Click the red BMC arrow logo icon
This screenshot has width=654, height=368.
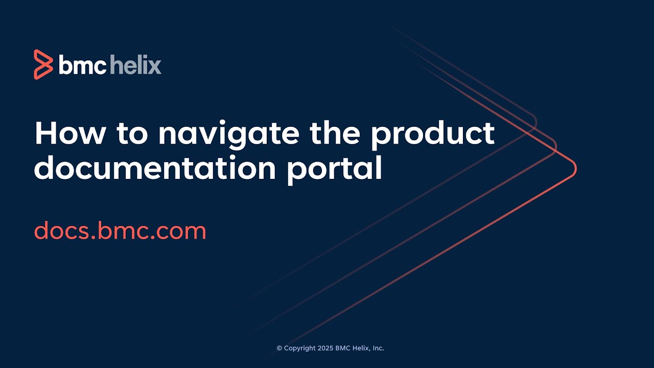click(43, 64)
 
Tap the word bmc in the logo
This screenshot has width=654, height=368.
click(82, 65)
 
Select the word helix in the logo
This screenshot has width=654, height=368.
click(135, 65)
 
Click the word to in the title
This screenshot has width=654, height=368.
click(132, 134)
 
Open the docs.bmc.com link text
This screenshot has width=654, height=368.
click(120, 231)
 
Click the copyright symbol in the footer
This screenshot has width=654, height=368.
click(279, 348)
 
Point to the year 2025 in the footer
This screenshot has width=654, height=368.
click(326, 348)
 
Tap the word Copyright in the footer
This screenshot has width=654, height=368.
click(300, 349)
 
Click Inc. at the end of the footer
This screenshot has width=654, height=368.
click(378, 348)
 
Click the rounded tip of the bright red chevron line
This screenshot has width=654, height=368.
click(575, 168)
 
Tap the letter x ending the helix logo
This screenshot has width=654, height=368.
click(155, 66)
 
